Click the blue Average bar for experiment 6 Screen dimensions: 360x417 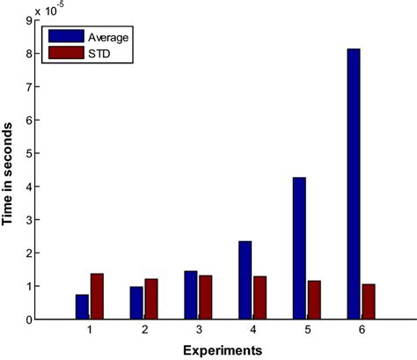click(x=353, y=184)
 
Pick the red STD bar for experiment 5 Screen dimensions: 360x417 click(x=313, y=300)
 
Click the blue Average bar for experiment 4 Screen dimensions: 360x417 click(x=245, y=280)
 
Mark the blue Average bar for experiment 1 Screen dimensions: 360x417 click(x=82, y=306)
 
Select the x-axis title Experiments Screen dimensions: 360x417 click(x=224, y=350)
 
